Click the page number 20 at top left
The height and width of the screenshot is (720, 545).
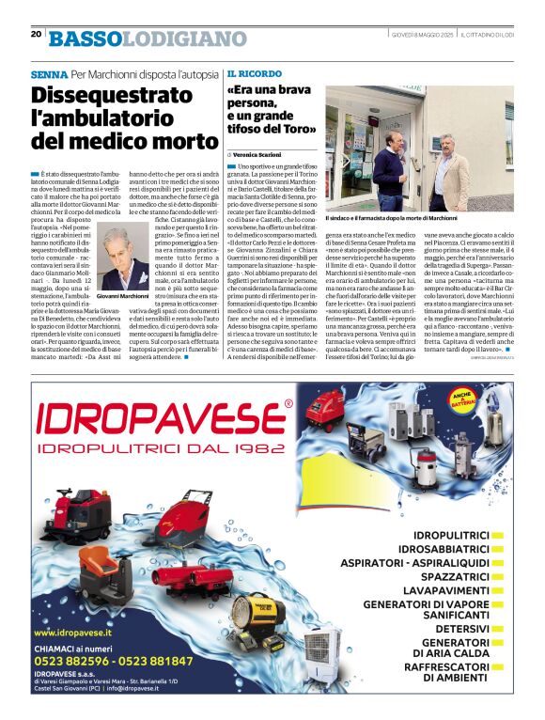tap(36, 33)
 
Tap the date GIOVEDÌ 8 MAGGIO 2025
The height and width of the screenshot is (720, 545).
tap(422, 34)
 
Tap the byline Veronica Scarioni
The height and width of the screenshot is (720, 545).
tap(258, 153)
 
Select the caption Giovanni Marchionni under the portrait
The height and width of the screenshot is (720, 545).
tap(123, 295)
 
